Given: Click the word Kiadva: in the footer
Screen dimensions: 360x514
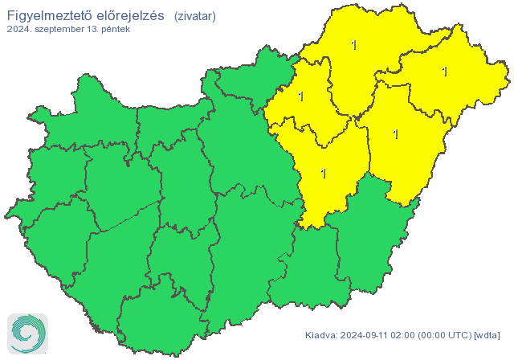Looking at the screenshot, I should point(321,335).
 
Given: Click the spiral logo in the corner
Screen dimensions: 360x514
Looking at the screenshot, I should point(27,333).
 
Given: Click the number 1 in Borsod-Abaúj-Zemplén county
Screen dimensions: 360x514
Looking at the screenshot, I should point(354,45).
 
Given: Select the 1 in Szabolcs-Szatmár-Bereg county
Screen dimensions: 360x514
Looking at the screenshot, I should point(444,72).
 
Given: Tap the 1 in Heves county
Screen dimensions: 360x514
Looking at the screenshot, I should point(300,97).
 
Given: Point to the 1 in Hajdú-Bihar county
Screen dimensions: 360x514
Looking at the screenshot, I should point(395,133).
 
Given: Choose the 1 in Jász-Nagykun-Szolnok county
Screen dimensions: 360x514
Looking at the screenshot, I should point(323,173).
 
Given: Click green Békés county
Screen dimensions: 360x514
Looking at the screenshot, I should point(369,241).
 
